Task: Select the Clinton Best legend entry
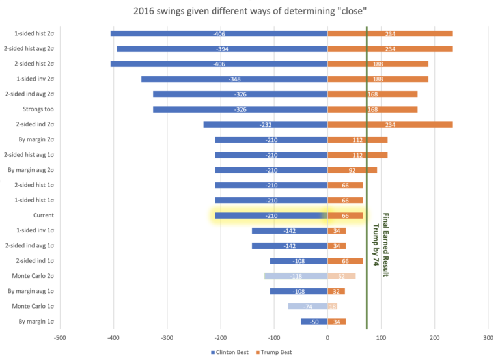232,352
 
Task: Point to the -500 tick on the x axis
60,337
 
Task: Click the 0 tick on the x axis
327,337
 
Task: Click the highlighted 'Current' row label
43,215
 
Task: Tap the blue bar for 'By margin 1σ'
314,322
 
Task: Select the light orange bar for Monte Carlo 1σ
332,307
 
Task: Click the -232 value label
266,124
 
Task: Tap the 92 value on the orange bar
352,170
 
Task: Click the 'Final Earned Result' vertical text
385,245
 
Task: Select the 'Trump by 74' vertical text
376,245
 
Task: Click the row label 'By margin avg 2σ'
31,170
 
